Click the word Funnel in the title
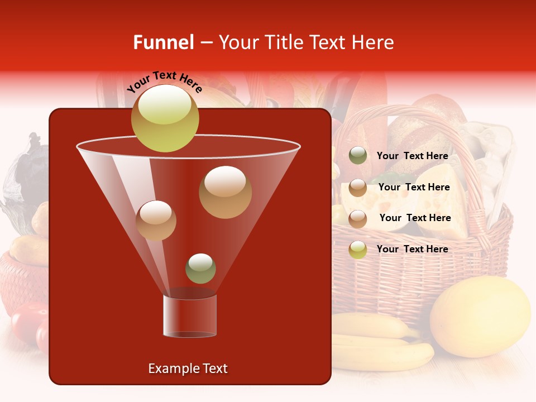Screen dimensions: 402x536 163,42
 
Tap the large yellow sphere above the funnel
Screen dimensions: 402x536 165,118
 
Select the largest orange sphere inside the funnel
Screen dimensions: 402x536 225,192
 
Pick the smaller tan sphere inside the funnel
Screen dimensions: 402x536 156,221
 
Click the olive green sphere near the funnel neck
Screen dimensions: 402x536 200,269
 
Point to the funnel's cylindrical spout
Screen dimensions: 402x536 190,316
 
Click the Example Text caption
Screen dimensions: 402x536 188,368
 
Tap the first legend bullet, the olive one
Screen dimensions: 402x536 358,156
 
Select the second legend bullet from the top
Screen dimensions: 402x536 358,188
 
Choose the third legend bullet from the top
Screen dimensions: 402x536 358,218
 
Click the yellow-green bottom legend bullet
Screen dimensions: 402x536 358,249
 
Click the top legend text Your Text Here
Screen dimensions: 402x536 413,156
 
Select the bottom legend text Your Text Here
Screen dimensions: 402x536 413,249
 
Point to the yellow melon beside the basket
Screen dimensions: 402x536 480,317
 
